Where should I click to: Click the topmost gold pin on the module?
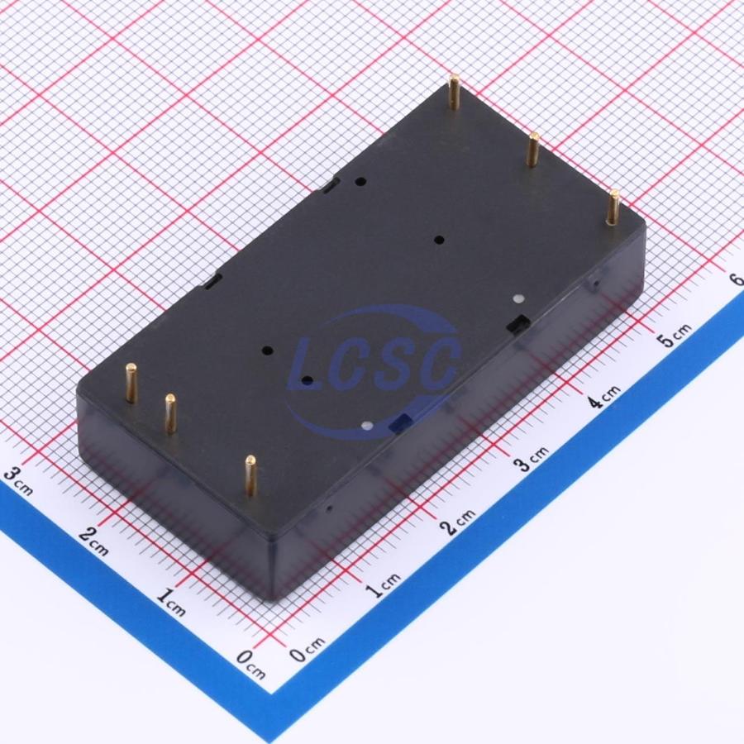click(455, 92)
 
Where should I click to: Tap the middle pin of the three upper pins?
click(533, 150)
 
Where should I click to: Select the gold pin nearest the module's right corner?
click(613, 207)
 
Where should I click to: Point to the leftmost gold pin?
click(131, 384)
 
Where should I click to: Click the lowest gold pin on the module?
click(250, 476)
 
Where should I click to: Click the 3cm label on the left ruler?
click(18, 479)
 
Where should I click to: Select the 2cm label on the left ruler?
click(94, 541)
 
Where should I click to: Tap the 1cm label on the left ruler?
click(171, 602)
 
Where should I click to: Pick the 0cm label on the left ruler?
click(251, 664)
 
